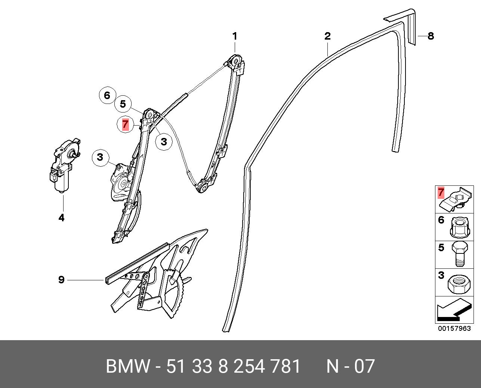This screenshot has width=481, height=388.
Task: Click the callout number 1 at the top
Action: click(x=235, y=36)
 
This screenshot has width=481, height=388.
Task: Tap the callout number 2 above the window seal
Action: click(x=327, y=36)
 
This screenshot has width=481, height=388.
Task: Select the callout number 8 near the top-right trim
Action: click(x=431, y=36)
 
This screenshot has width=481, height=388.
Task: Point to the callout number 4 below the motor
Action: click(x=61, y=218)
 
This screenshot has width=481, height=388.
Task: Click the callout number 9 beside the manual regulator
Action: click(x=62, y=280)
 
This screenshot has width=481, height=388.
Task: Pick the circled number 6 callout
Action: click(x=107, y=96)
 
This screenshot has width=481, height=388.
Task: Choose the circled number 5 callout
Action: click(x=123, y=104)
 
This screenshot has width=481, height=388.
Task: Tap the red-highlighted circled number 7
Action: click(x=125, y=124)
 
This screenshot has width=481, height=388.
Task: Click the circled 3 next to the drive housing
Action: click(x=100, y=157)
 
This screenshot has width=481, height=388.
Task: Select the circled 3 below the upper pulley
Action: click(x=164, y=141)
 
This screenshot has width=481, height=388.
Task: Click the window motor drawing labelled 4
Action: click(x=64, y=164)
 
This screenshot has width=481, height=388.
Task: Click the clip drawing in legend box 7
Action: click(x=456, y=199)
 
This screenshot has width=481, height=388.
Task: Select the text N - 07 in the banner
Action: click(x=350, y=366)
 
